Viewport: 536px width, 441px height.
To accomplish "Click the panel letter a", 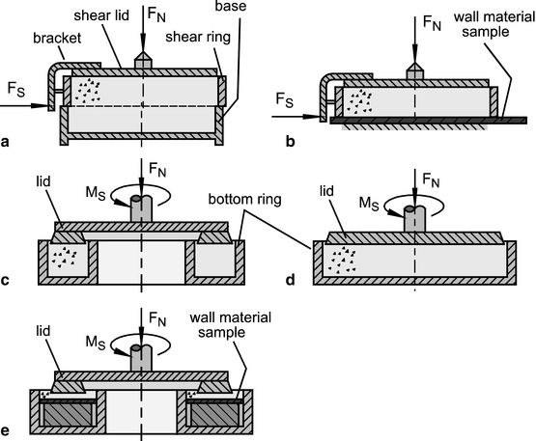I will point(7,142).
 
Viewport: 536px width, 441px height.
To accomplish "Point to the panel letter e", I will point(7,431).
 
